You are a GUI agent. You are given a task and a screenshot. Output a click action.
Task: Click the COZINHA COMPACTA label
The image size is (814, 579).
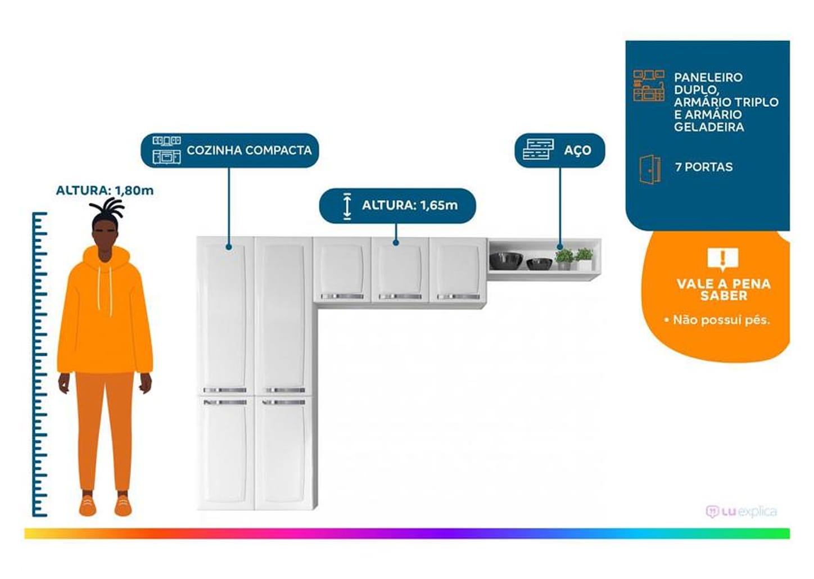click(248, 150)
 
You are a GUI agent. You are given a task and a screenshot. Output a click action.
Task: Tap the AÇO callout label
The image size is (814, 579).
click(577, 150)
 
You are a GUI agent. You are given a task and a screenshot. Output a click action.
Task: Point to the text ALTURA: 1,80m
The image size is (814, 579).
click(105, 191)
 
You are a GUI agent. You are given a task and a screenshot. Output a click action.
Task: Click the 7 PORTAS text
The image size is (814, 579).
click(704, 167)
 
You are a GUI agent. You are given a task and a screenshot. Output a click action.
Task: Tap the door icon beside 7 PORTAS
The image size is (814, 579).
click(650, 169)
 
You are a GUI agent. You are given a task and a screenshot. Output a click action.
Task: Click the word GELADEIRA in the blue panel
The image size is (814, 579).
click(709, 127)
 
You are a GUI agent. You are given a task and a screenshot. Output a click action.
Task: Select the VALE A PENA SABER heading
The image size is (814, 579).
click(723, 289)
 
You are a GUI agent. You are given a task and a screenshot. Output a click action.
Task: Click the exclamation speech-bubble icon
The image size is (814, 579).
click(723, 259)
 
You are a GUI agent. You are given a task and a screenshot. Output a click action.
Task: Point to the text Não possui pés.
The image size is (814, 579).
click(721, 320)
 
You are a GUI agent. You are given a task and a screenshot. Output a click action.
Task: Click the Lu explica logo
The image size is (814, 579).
click(741, 512)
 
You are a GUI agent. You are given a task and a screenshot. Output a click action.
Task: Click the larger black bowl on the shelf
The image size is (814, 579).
click(506, 260)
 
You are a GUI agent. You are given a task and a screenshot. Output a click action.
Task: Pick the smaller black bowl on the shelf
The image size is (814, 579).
click(540, 263)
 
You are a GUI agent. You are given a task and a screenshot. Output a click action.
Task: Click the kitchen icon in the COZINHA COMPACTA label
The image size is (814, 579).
click(166, 150)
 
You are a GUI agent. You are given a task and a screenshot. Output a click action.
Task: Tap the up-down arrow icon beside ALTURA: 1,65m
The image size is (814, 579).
click(347, 206)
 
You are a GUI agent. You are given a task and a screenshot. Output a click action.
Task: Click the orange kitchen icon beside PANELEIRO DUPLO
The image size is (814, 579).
click(649, 86)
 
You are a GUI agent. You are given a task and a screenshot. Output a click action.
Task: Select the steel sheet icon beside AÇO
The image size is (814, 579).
click(538, 150)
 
